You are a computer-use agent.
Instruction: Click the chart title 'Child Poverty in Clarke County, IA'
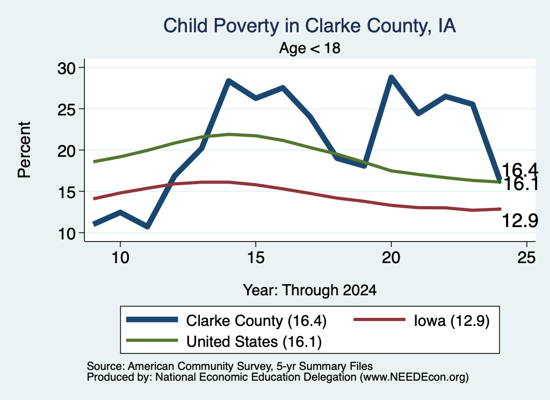click(309, 26)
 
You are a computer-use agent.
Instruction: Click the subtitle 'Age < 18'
click(310, 48)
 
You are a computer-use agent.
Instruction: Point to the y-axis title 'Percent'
click(24, 150)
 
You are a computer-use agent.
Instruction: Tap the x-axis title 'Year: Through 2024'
click(310, 290)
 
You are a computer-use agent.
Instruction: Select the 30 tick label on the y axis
click(67, 68)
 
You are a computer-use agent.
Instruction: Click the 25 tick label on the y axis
click(67, 110)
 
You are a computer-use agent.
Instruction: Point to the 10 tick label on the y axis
click(67, 234)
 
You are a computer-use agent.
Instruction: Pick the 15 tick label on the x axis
click(256, 258)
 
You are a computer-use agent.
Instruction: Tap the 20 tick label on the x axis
click(391, 258)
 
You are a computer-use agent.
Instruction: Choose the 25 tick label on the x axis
click(526, 258)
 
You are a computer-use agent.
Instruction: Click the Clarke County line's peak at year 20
click(391, 77)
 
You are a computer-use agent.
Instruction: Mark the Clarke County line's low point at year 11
click(147, 227)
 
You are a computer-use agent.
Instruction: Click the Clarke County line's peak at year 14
click(229, 81)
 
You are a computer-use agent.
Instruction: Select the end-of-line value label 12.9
click(520, 221)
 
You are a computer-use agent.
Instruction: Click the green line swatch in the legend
click(152, 340)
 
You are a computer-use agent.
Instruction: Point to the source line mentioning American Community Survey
click(230, 366)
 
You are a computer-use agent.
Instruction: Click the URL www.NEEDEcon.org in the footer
click(414, 377)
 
